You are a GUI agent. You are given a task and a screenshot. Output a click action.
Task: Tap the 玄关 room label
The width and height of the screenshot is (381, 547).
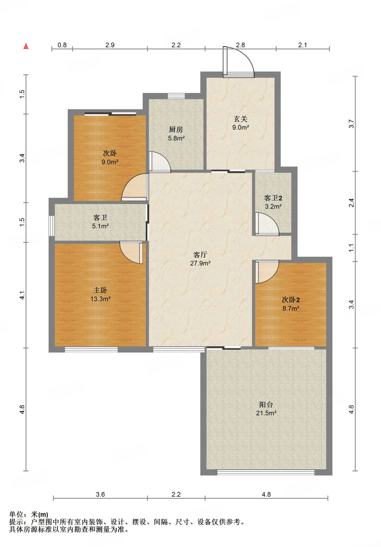[240, 119]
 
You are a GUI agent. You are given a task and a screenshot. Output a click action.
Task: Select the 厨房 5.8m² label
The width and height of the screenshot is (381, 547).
[176, 134]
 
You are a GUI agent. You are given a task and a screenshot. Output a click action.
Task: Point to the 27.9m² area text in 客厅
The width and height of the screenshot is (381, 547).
[200, 263]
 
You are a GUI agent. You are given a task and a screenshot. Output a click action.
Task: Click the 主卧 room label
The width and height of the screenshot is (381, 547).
[100, 290]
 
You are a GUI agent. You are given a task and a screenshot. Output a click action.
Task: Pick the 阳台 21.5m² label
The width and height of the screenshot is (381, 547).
[266, 409]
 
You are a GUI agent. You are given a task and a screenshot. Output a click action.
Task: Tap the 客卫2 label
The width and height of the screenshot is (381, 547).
[273, 198]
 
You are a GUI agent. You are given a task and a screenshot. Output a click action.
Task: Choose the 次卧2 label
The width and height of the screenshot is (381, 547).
[291, 300]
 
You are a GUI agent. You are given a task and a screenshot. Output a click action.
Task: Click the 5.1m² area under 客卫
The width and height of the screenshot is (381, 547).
[100, 226]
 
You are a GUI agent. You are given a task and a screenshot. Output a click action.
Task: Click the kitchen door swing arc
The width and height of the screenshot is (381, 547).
[160, 162]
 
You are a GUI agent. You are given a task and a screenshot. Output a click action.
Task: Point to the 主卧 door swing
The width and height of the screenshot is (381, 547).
[131, 252]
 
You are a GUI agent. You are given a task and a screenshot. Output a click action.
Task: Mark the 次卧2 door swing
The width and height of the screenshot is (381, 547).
[267, 272]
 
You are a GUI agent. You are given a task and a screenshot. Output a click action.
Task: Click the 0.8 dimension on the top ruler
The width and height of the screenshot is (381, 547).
[62, 45]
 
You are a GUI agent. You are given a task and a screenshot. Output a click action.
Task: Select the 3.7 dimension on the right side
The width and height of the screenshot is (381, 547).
[351, 124]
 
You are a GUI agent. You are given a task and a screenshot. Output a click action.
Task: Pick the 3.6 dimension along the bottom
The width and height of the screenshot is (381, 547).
[100, 494]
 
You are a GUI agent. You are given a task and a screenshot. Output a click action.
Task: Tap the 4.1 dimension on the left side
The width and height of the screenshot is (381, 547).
[22, 295]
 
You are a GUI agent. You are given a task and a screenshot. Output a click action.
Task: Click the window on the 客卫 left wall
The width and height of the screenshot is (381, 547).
[51, 226]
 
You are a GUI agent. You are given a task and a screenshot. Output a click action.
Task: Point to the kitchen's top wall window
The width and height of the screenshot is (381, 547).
[176, 96]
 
